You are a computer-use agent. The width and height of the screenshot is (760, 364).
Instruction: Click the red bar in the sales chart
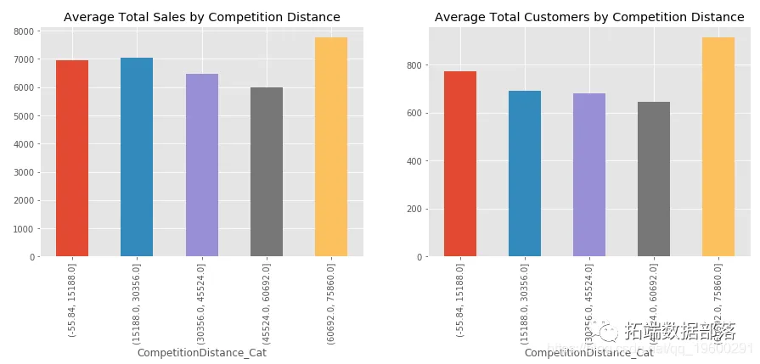72,158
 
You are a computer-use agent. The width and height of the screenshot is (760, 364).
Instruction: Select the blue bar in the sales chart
137,157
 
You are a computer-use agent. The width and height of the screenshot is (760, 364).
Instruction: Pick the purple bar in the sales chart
201,165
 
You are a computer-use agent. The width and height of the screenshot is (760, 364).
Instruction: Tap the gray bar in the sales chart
267,171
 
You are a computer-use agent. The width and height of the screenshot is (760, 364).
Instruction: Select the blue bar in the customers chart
525,173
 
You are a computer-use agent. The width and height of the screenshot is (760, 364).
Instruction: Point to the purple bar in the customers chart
589,175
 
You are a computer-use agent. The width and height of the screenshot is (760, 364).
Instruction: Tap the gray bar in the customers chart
654,179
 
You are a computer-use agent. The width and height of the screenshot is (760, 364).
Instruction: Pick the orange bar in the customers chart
718,147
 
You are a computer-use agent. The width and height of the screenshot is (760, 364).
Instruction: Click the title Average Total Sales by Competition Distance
202,17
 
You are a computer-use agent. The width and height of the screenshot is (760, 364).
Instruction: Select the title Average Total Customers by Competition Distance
589,17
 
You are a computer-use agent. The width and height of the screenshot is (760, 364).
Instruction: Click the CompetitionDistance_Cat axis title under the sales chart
202,352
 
